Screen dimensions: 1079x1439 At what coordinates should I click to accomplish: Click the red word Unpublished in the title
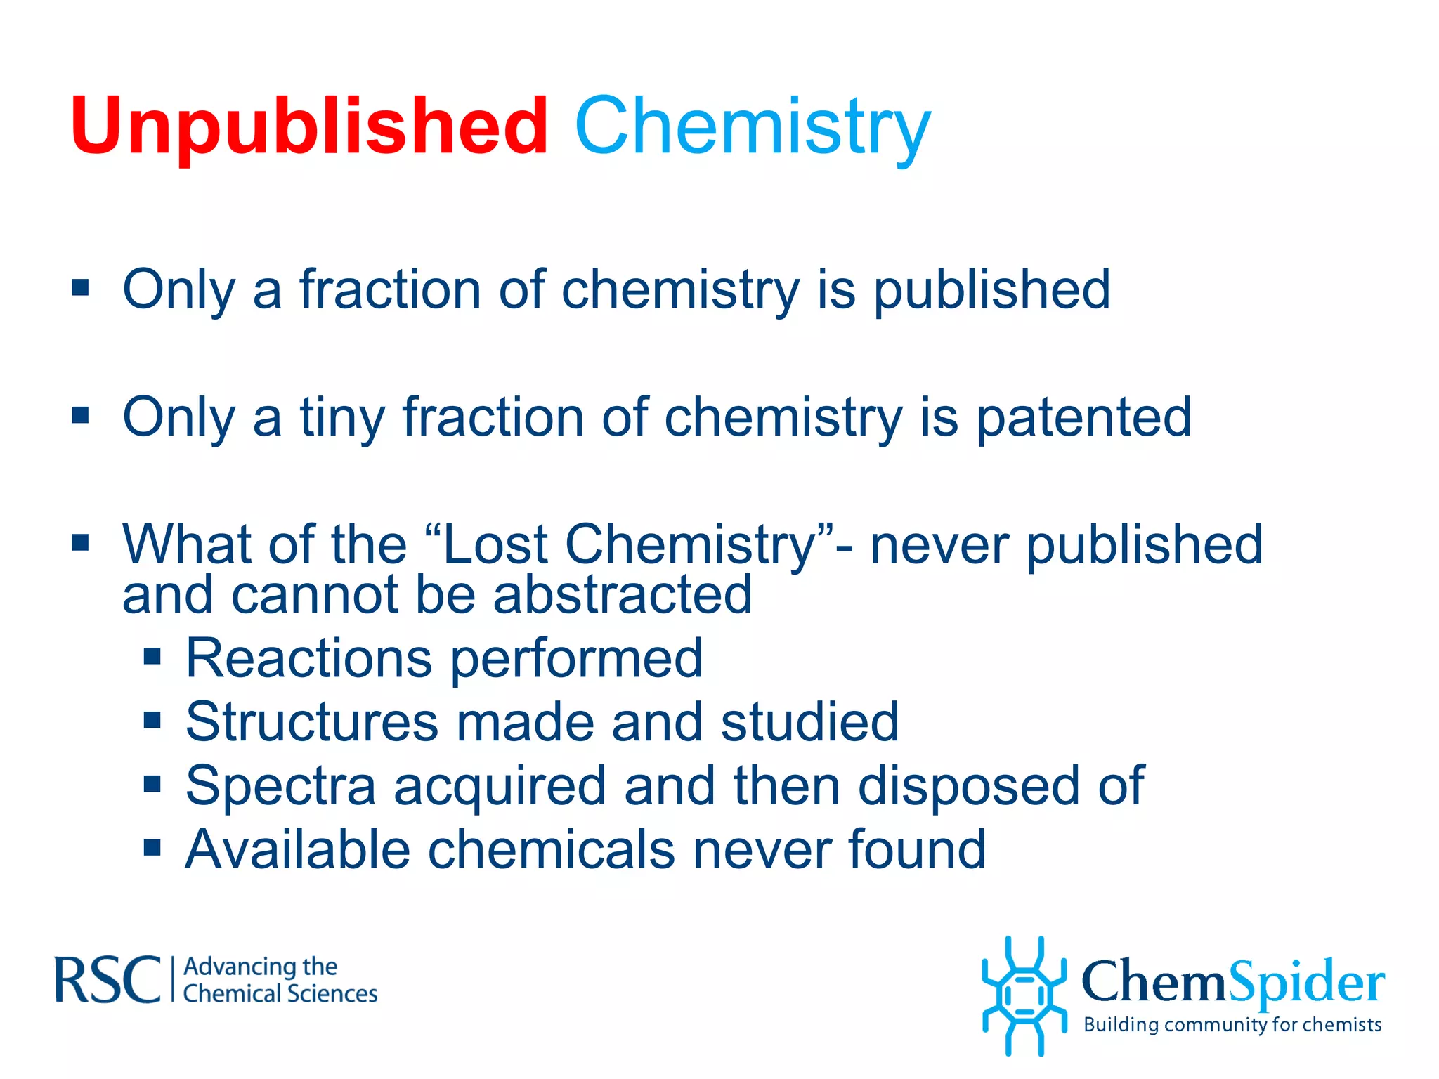(309, 126)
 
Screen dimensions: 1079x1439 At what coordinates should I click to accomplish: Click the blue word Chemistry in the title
(753, 126)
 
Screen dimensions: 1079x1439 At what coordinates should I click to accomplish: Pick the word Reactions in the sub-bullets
(308, 658)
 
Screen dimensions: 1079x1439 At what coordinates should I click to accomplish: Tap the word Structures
(312, 721)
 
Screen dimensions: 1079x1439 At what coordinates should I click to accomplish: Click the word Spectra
(280, 785)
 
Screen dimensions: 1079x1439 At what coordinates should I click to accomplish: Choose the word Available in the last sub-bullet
(297, 849)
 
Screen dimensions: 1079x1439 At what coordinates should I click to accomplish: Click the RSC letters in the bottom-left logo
(108, 979)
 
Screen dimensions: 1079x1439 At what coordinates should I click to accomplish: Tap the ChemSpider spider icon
(1024, 995)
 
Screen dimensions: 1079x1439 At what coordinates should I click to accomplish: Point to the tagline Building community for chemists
(1232, 1025)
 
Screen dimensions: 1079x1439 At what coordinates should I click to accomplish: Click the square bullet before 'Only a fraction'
(81, 287)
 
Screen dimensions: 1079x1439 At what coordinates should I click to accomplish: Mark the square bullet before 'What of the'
(81, 542)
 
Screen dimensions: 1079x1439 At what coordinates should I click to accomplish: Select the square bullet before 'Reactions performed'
(152, 658)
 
